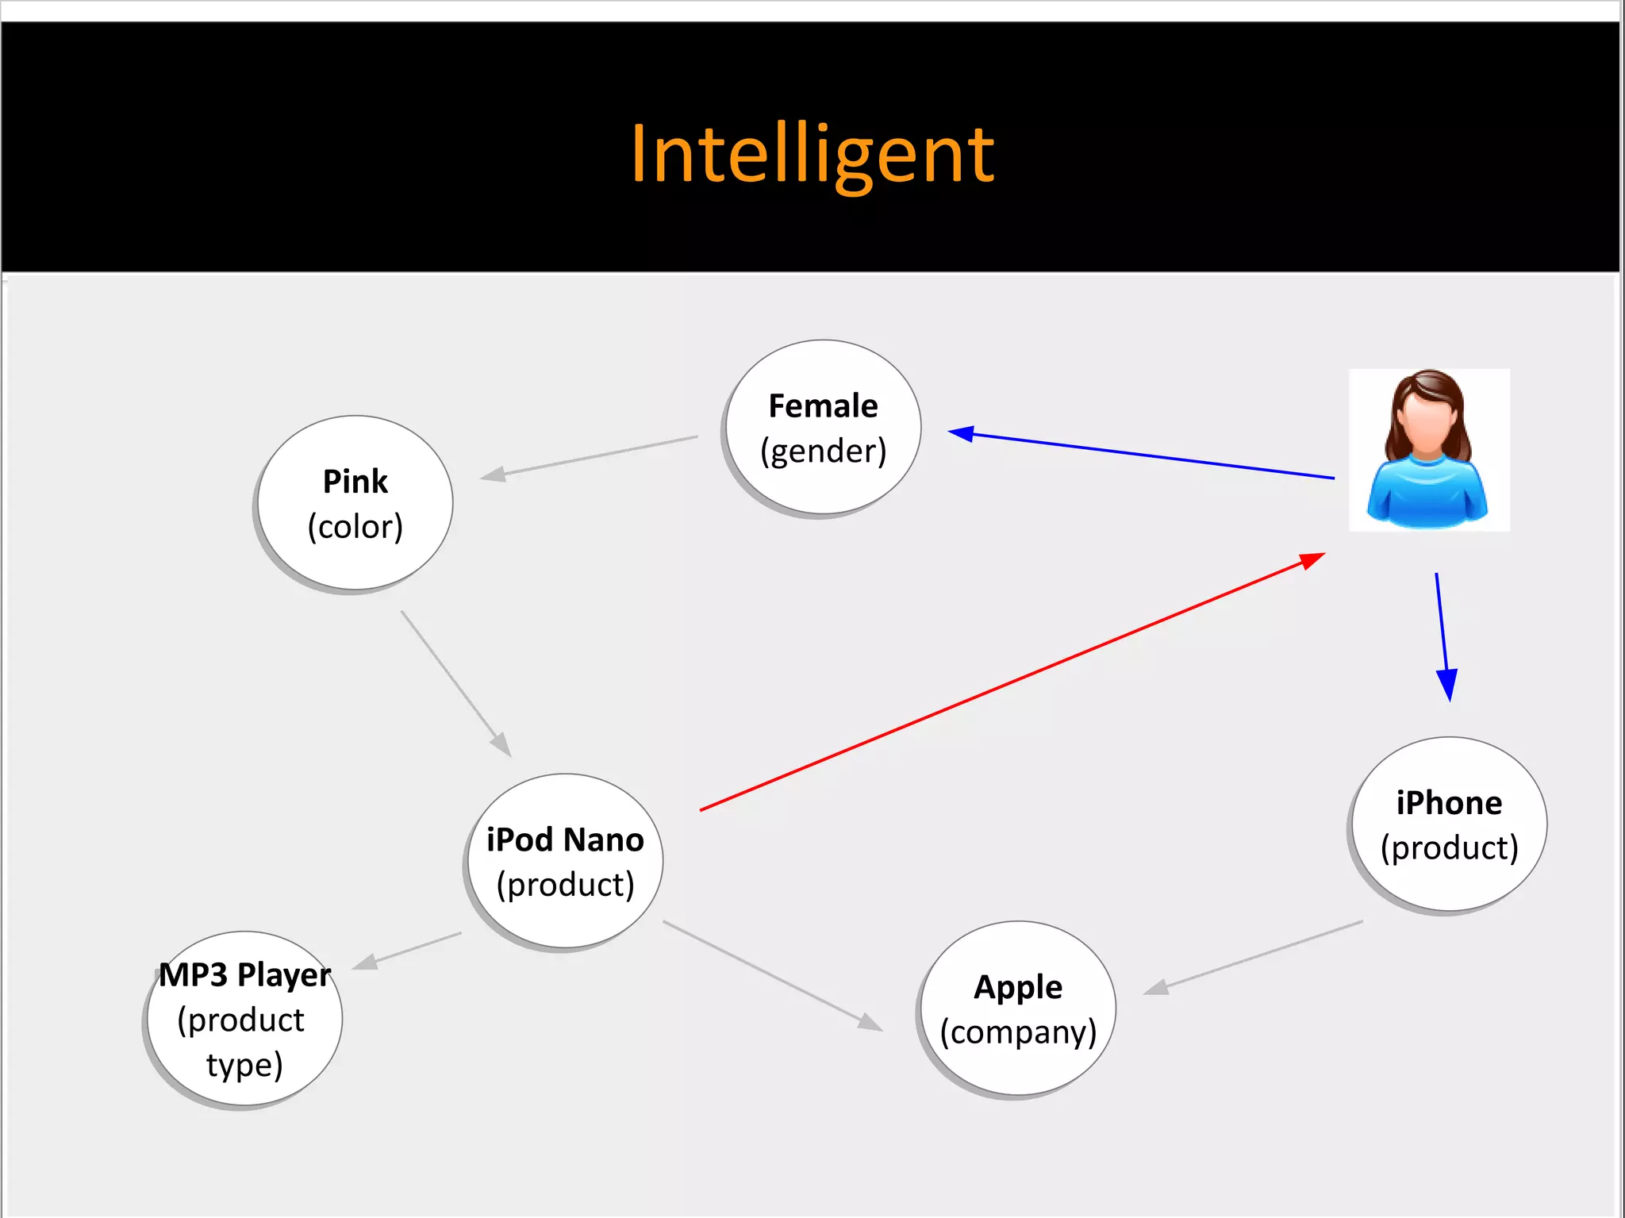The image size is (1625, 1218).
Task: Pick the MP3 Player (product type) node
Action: point(244,1020)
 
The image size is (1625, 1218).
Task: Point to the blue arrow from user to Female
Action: point(1143,455)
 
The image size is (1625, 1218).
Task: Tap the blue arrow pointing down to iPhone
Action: point(1443,635)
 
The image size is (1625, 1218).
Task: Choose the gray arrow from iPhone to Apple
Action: point(1254,957)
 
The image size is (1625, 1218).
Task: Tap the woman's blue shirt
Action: point(1427,492)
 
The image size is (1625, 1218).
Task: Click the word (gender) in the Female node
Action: point(823,451)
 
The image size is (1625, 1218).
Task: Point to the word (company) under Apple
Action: point(1018,1032)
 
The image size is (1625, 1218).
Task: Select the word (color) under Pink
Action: point(355,526)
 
